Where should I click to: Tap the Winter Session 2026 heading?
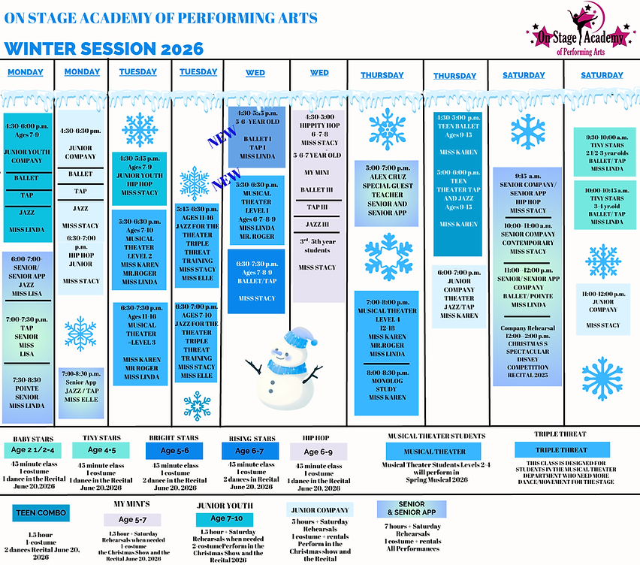104,49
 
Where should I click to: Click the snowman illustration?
284,362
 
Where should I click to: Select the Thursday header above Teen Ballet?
454,76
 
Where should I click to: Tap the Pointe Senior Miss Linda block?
29,392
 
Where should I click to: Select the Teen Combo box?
42,514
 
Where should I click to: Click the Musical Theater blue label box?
434,452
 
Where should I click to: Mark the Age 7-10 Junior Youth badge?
219,519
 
